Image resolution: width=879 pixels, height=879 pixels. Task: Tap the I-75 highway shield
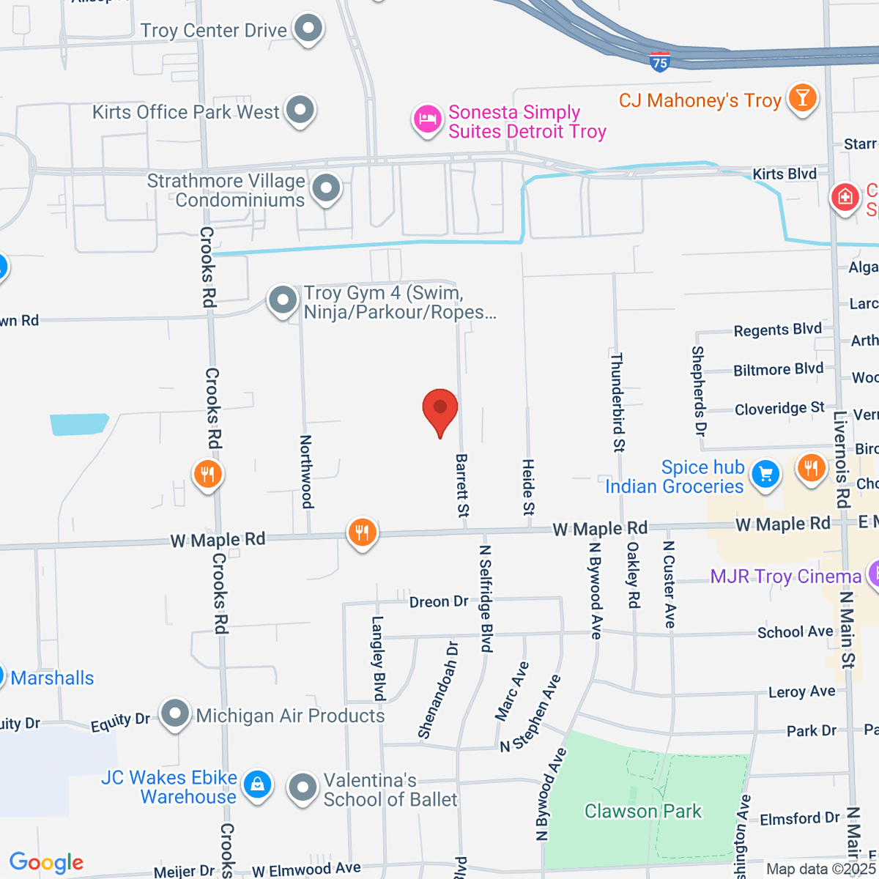coord(660,62)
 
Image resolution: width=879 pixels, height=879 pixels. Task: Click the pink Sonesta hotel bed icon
coord(427,119)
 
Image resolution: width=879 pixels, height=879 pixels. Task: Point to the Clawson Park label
coord(642,811)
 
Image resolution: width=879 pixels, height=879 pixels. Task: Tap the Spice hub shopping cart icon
coord(765,474)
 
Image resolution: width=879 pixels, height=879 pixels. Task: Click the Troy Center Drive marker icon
coord(308,29)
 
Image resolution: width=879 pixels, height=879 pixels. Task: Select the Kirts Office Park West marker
coord(300,111)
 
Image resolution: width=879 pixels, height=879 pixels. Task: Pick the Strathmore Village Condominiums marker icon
coord(326,189)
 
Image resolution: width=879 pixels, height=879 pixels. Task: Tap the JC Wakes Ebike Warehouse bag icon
coord(257,785)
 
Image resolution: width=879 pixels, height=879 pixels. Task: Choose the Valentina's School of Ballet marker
coord(302,789)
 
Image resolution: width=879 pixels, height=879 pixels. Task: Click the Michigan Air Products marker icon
coord(176,713)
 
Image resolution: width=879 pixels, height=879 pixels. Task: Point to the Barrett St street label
coord(462,486)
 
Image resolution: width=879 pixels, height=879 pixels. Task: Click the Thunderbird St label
coord(617,402)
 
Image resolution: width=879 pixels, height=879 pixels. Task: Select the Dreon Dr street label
coord(439,601)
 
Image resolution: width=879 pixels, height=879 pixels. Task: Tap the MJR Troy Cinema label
coord(785,576)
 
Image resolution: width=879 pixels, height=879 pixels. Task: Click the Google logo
coord(46,863)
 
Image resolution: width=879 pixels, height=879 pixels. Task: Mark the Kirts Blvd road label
coord(785,174)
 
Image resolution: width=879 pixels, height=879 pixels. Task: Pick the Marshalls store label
coord(52,678)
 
